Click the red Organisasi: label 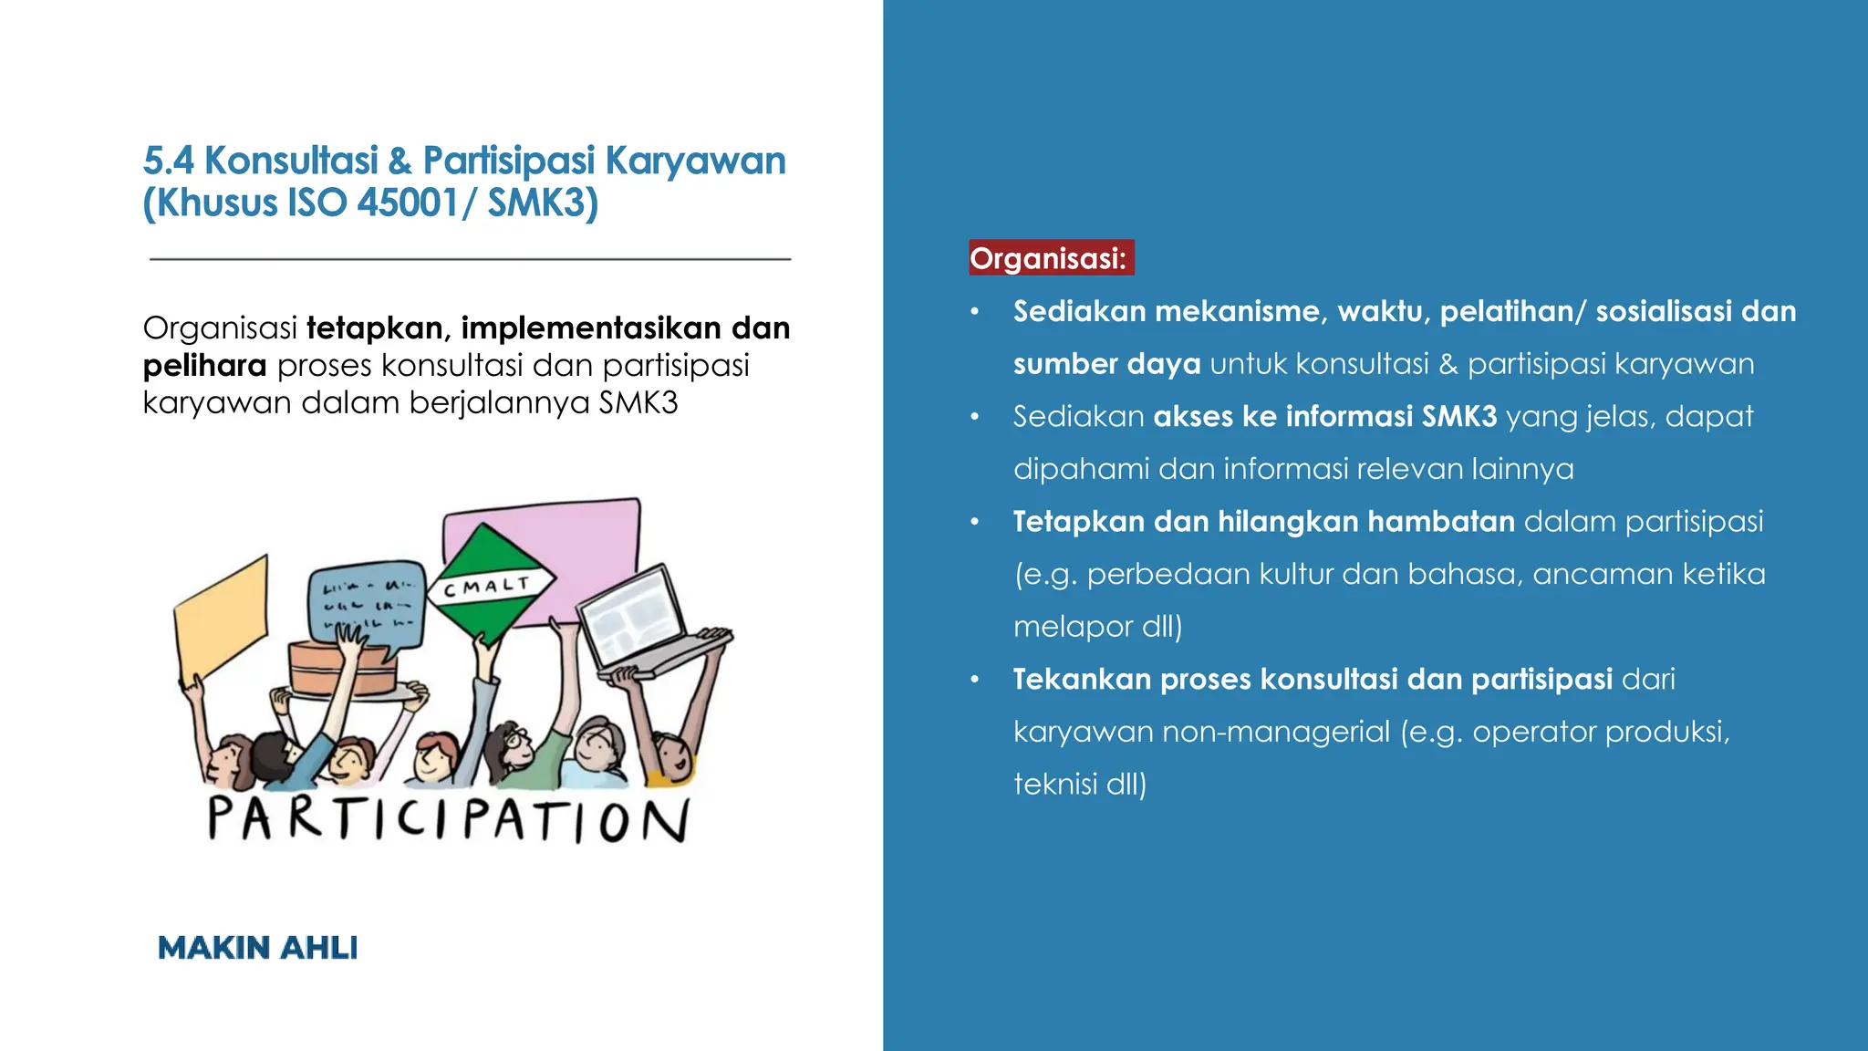point(1050,258)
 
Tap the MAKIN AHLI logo point(257,948)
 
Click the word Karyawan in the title point(695,161)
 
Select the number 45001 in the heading point(408,203)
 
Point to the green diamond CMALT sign point(490,585)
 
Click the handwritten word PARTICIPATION point(448,818)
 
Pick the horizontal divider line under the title point(470,259)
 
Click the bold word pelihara point(204,366)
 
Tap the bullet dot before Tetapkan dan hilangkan point(974,522)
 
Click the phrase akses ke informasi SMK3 point(1324,416)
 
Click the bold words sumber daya point(1106,364)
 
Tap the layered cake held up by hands point(342,668)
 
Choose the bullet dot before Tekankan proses point(974,680)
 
